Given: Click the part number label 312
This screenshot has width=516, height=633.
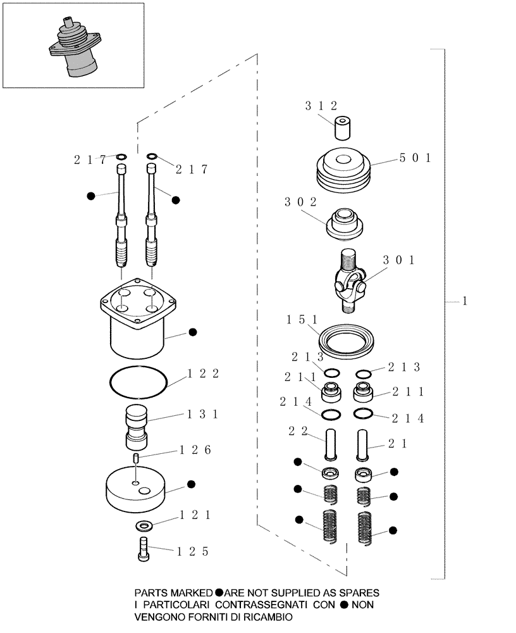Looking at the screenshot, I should point(337,106).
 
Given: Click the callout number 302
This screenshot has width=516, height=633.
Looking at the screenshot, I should point(300,203).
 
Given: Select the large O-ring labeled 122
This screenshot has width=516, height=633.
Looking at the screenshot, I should point(138,382).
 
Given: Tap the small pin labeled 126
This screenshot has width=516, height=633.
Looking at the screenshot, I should point(136,458).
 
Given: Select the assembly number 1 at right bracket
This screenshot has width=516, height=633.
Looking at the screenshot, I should point(464,302).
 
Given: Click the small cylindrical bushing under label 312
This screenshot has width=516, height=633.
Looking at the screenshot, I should point(343,128).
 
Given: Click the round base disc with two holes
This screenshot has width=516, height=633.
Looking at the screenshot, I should point(137,487).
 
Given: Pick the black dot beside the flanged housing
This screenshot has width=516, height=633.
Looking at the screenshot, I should point(193,332).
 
